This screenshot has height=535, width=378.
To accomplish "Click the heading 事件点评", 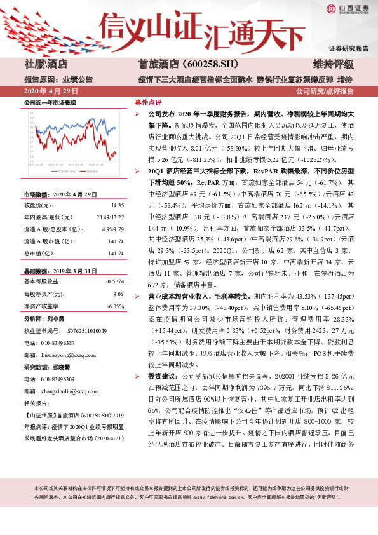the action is coord(148,102).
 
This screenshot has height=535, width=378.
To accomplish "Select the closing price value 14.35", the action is coord(118,205).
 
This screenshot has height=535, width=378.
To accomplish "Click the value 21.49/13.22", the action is coord(111,217).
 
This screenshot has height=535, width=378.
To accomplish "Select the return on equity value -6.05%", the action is coord(114,306).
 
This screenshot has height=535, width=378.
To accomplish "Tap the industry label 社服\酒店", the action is coord(46,64).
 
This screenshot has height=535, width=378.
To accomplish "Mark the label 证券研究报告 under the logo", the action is coord(348,48).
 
